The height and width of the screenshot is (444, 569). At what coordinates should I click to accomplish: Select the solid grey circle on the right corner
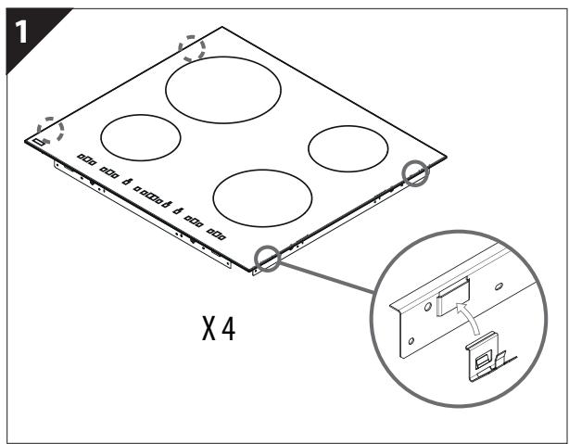click(415, 172)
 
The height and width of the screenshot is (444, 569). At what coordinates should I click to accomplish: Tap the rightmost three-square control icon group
click(217, 233)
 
